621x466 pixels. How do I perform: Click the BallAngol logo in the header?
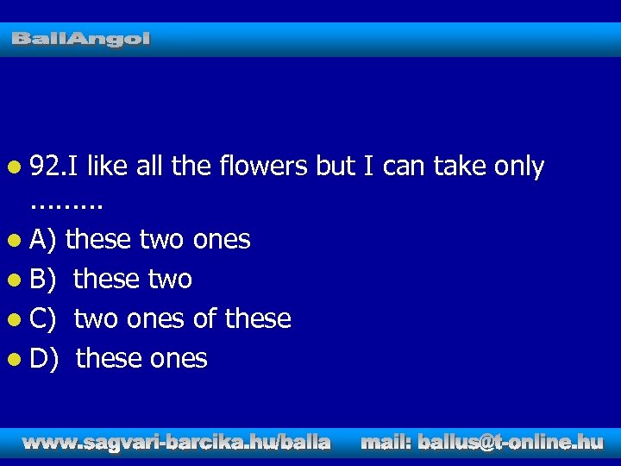coord(81,39)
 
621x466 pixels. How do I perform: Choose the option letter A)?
coord(42,240)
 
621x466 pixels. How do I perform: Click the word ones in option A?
coord(222,240)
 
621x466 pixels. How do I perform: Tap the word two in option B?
coord(169,280)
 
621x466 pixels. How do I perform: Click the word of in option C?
coord(204,319)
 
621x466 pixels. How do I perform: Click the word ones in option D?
coord(179,359)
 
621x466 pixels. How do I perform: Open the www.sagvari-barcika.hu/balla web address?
coord(177,443)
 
